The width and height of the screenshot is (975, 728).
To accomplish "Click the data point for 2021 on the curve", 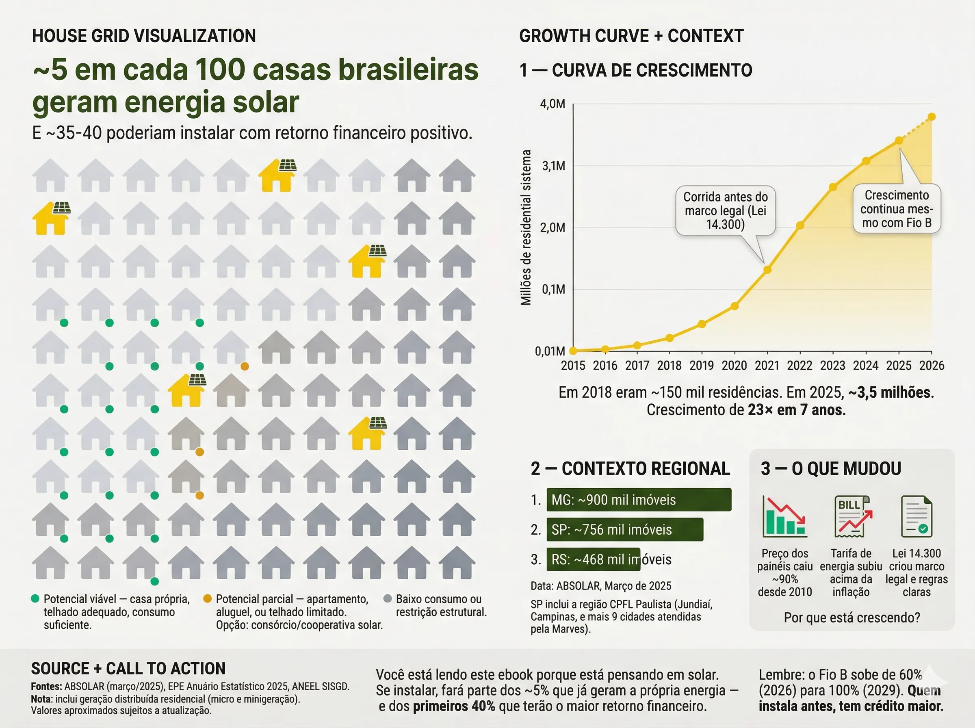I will [767, 270].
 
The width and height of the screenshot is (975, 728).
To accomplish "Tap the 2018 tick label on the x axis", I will [669, 365].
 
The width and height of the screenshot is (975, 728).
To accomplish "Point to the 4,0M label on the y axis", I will [552, 104].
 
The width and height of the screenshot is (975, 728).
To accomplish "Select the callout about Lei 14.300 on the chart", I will [725, 211].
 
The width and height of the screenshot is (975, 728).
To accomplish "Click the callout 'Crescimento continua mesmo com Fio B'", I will [897, 209].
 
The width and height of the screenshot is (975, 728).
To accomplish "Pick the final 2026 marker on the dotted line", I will [932, 117].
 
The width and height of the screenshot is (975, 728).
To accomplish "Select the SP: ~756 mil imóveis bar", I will [624, 529].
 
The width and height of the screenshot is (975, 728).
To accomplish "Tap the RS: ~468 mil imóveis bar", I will [593, 559].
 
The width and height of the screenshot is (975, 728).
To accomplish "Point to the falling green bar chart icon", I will [784, 516].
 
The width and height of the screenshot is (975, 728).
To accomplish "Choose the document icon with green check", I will [916, 516].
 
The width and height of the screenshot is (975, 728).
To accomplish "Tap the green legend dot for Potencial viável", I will [35, 598].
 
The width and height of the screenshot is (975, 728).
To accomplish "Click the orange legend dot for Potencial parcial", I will [208, 598].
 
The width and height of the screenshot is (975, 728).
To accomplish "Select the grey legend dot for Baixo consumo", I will [388, 598].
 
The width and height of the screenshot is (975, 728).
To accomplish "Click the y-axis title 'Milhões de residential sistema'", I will [526, 227].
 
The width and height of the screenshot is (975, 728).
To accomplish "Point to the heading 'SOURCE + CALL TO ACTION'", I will [128, 669].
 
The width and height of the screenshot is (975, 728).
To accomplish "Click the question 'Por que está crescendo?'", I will [851, 617].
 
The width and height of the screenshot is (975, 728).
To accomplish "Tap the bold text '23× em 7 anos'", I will [797, 410].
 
